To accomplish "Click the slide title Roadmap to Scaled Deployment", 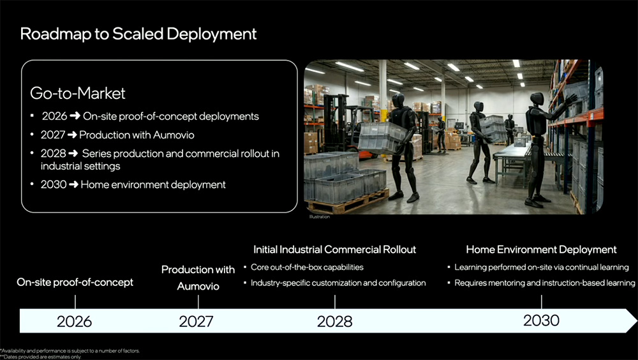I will tap(138, 34).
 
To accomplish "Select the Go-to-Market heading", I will tap(78, 93).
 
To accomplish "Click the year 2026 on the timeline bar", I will tap(74, 321).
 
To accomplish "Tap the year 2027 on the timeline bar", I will tap(196, 321).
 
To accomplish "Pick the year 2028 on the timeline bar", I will tap(334, 321).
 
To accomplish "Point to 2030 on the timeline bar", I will tap(541, 320).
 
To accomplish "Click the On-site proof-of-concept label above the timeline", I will tap(75, 282).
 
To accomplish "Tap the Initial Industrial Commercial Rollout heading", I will tap(334, 250).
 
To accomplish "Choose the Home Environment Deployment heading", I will tap(541, 250).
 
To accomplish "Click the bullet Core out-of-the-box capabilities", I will tap(307, 267).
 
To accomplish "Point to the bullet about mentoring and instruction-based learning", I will tap(544, 283).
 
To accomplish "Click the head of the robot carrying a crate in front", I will tap(399, 101).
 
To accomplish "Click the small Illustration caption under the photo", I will tap(320, 218).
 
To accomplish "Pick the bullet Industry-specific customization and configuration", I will tap(338, 283).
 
